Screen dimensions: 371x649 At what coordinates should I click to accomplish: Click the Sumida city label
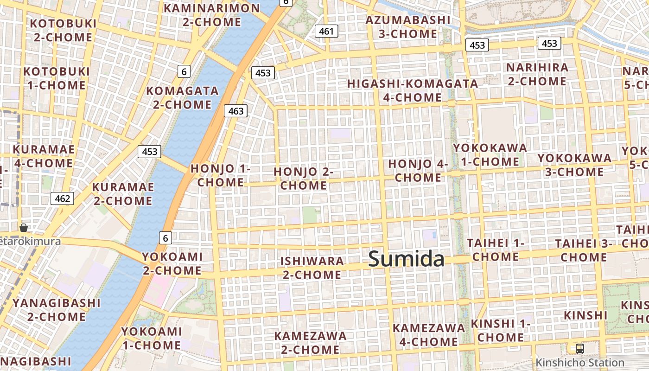point(406,259)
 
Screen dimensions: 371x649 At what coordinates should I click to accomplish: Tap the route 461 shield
point(326,32)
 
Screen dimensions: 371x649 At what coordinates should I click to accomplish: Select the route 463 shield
point(235,111)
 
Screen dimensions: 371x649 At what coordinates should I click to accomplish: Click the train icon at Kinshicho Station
point(579,348)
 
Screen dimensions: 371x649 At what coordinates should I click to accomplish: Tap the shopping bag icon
point(24,228)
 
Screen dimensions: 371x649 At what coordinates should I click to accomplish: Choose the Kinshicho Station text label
point(579,363)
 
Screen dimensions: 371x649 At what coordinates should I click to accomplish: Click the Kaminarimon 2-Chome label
point(212,15)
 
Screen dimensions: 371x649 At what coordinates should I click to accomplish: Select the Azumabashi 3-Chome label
point(408,26)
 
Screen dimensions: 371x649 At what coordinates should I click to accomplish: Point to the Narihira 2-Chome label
point(537,74)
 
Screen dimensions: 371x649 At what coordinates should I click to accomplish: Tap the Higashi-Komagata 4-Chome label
point(413,90)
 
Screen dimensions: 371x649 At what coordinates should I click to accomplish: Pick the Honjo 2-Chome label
point(304,179)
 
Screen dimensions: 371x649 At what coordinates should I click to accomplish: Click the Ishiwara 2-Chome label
point(312,268)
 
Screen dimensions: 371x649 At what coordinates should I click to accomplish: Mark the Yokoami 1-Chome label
point(151,338)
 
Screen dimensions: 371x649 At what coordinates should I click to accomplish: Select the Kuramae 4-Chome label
point(44,156)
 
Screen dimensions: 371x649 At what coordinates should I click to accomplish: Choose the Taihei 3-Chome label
point(584,250)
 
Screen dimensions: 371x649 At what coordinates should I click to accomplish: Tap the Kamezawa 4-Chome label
point(429,335)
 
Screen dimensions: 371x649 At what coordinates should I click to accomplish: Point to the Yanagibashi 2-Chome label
point(56,310)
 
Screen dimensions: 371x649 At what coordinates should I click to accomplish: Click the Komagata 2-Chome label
point(182,97)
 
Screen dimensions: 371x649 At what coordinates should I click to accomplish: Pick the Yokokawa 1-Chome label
point(490,154)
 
